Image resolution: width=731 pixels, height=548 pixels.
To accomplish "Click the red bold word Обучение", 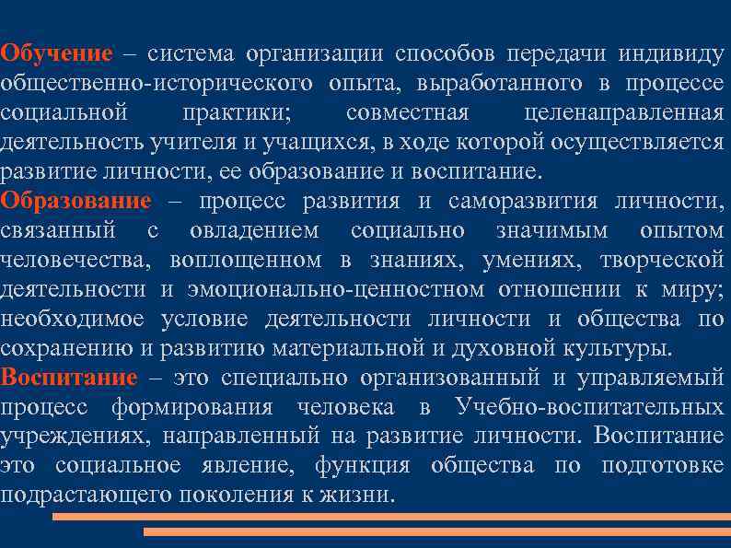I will click(57, 52).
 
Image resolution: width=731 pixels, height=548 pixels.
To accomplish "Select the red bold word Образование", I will click(76, 201).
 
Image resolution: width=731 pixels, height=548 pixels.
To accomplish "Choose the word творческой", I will click(661, 260).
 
